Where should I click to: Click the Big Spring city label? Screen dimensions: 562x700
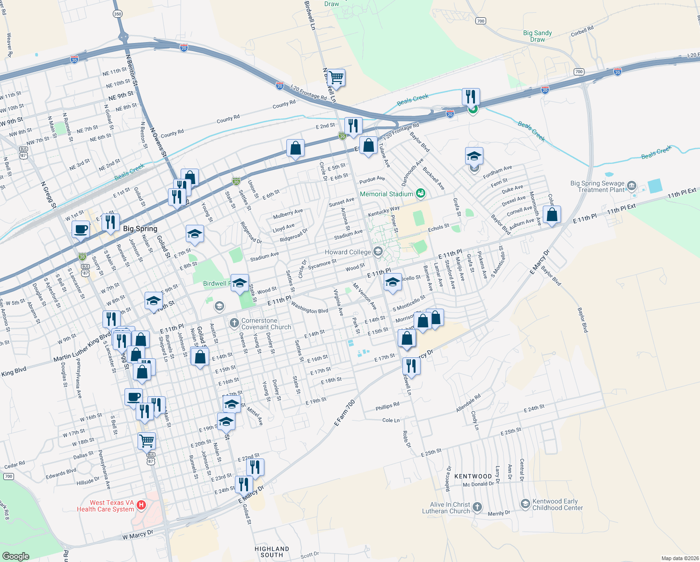click(x=140, y=229)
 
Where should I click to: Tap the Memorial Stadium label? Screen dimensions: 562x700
click(x=386, y=194)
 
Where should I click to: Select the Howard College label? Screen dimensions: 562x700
click(x=348, y=252)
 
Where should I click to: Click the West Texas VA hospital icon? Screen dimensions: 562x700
click(x=141, y=505)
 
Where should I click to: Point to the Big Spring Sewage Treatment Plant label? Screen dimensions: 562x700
click(x=598, y=186)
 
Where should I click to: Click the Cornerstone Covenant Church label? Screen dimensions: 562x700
click(x=266, y=324)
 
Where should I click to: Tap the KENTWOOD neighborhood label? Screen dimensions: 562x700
click(x=473, y=476)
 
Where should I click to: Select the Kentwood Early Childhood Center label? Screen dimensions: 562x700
click(x=557, y=504)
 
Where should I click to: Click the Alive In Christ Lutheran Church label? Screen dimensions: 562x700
click(x=446, y=508)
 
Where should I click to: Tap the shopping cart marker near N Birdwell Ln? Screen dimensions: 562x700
click(x=336, y=77)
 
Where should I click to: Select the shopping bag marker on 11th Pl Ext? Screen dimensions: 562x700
click(x=552, y=215)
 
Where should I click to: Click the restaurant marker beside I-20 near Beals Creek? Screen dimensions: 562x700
click(x=471, y=97)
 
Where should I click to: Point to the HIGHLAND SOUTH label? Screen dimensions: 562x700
click(x=272, y=552)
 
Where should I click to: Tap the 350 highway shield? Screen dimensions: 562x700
click(x=117, y=14)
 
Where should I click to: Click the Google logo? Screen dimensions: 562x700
click(x=16, y=556)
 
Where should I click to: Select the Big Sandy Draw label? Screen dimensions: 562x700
click(x=537, y=36)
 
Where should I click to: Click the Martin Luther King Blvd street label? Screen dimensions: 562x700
click(x=82, y=347)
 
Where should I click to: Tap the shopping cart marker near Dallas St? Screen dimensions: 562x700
click(x=146, y=441)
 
